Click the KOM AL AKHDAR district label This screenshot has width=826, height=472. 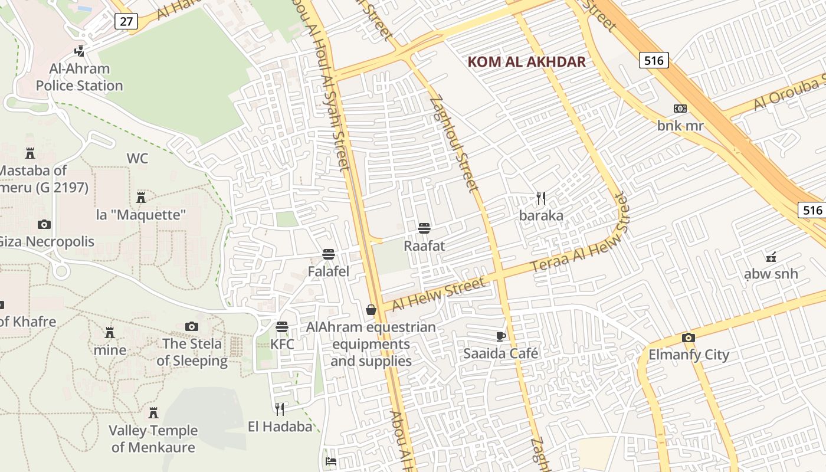(x=526, y=62)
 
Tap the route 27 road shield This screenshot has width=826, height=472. (x=126, y=22)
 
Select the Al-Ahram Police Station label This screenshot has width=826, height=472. (x=79, y=77)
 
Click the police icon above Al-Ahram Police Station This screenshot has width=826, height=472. (x=79, y=51)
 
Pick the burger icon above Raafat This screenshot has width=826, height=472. (x=424, y=228)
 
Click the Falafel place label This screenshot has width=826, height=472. (x=329, y=271)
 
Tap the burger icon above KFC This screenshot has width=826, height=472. (x=282, y=327)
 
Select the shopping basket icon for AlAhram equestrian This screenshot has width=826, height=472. (x=371, y=310)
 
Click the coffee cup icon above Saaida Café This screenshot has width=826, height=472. (x=500, y=336)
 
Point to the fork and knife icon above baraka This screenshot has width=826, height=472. (x=541, y=198)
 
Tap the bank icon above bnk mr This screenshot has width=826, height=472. (x=680, y=109)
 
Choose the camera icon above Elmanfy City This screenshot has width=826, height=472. (x=689, y=338)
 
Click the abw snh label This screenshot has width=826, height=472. (x=771, y=274)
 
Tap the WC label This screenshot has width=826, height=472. (x=137, y=159)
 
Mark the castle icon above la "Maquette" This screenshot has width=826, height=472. (x=141, y=197)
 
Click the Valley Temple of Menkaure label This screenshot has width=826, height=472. (x=153, y=439)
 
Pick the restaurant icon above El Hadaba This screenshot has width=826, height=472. (x=280, y=409)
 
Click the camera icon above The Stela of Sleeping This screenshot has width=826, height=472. (x=192, y=326)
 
